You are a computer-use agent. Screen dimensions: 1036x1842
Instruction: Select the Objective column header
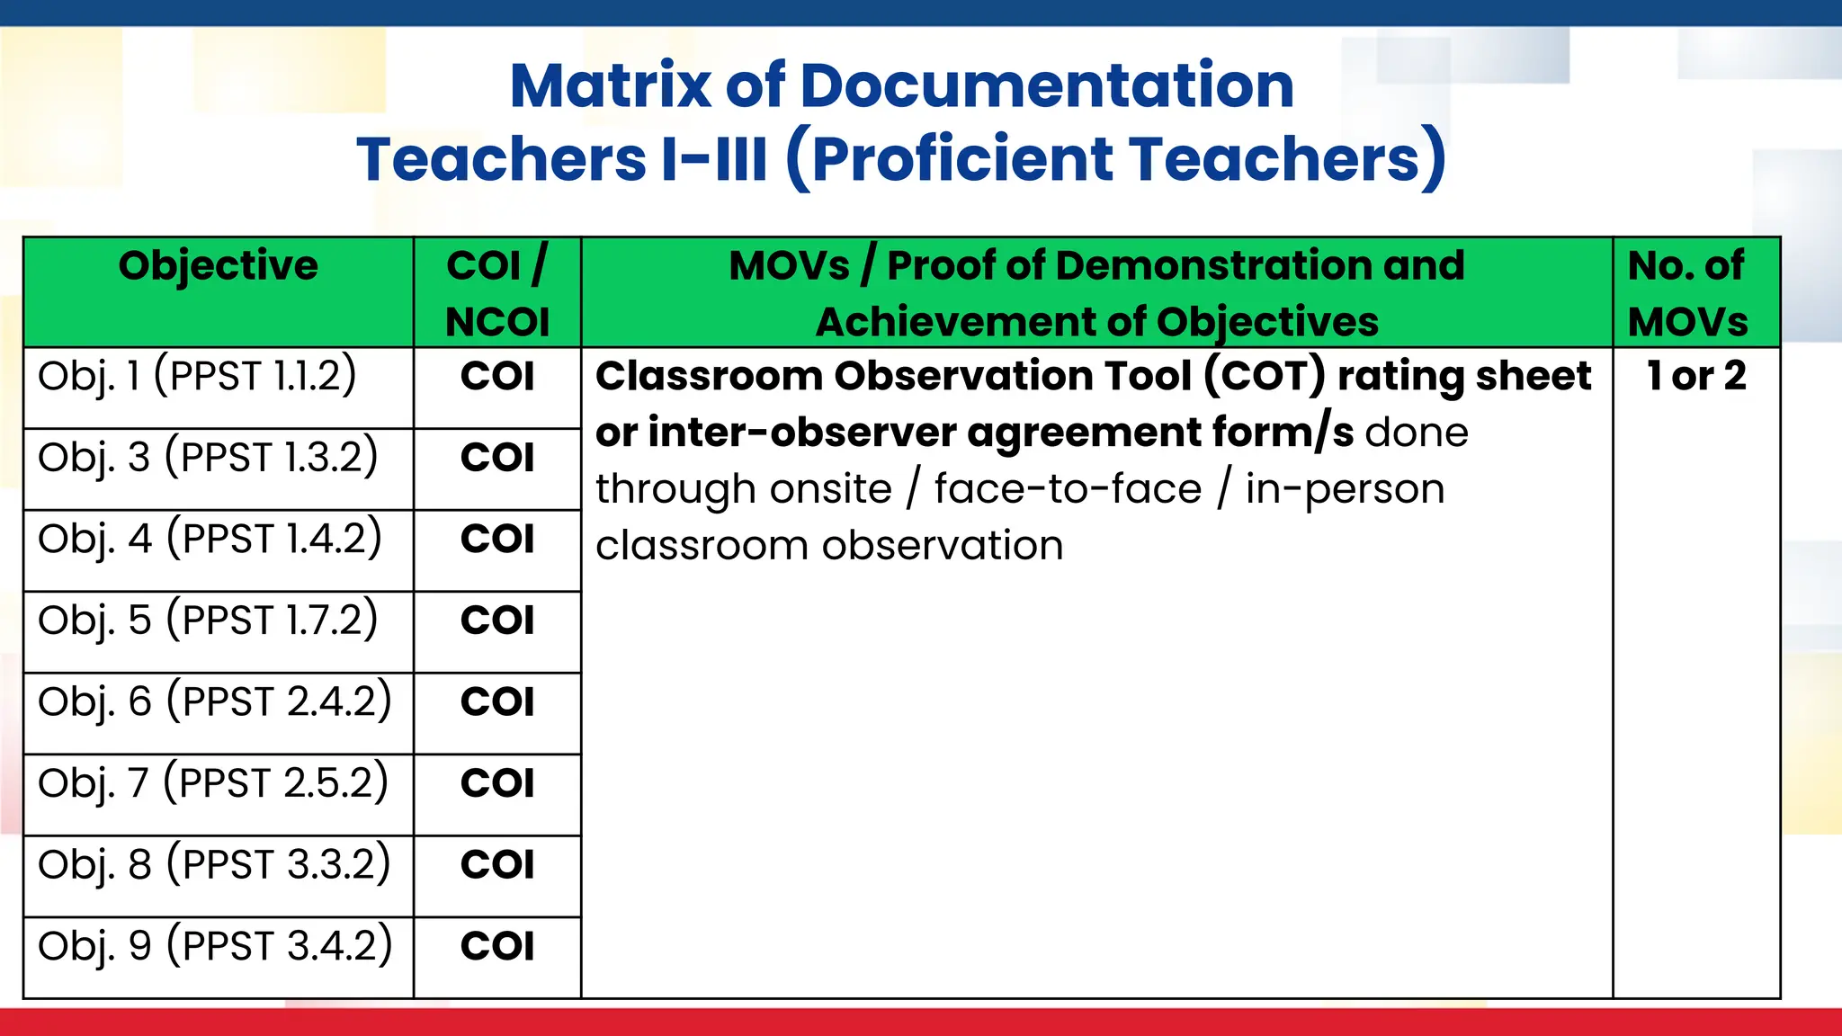pos(218,266)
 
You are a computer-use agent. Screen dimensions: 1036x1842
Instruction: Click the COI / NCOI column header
pos(497,293)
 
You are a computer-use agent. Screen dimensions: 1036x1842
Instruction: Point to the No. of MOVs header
pos(1687,293)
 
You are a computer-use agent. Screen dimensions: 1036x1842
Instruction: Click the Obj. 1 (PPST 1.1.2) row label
pos(197,376)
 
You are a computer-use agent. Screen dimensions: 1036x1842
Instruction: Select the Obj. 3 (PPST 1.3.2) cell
pos(208,458)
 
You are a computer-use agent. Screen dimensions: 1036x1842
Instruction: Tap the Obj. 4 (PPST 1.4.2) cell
pos(210,539)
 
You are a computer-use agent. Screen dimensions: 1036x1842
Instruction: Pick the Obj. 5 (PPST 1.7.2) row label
pos(208,621)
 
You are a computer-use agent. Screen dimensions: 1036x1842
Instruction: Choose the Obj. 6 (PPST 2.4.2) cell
pos(214,701)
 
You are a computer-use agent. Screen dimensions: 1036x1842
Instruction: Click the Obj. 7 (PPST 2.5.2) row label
pos(212,783)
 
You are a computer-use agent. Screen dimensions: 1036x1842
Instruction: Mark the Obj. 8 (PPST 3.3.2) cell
pos(214,864)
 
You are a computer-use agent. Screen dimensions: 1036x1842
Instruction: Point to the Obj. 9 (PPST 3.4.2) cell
pos(215,946)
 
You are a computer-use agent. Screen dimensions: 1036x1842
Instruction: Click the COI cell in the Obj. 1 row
pos(497,376)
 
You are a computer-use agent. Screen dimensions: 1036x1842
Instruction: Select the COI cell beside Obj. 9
pos(497,946)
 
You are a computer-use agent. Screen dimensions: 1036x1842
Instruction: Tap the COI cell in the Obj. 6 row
pos(497,701)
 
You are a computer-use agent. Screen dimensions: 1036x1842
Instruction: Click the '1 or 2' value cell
pos(1696,376)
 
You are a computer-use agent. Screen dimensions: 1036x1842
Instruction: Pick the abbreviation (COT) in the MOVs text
pos(1265,376)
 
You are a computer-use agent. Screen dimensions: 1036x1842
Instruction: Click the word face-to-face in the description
pos(1068,490)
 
